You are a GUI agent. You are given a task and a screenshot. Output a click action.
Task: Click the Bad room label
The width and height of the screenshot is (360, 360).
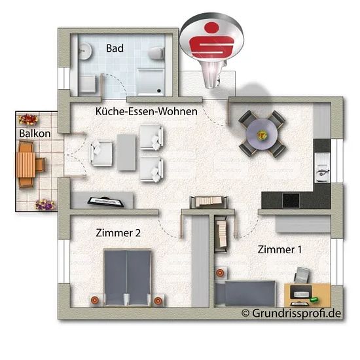click(x=115, y=48)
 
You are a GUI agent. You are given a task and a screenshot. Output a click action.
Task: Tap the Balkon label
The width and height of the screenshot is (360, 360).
click(x=35, y=134)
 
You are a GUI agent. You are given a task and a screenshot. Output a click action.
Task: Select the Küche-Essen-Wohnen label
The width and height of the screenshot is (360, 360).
click(x=146, y=111)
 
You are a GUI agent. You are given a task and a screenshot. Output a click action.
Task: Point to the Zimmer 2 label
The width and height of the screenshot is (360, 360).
click(x=118, y=233)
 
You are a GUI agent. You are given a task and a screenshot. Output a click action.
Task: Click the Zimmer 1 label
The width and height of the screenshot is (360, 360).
click(x=279, y=249)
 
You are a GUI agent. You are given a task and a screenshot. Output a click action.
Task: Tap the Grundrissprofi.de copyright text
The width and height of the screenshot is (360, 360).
click(x=291, y=313)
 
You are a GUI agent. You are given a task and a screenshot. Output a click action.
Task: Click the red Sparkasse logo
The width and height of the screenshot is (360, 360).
click(x=211, y=40)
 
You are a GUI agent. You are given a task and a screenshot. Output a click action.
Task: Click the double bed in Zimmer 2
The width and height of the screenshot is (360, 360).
click(x=128, y=278)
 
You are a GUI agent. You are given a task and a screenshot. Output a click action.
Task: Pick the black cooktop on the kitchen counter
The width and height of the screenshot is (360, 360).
click(x=291, y=200)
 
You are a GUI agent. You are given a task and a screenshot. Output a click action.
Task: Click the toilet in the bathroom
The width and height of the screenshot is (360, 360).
click(x=156, y=53)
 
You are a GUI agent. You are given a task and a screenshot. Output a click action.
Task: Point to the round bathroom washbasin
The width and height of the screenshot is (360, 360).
click(x=85, y=51)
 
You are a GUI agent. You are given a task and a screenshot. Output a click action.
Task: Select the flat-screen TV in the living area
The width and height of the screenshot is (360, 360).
click(x=105, y=202)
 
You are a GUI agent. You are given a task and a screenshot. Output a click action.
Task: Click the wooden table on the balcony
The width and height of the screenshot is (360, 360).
click(x=26, y=164)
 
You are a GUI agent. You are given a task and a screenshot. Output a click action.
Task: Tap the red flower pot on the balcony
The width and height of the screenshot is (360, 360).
click(x=28, y=120)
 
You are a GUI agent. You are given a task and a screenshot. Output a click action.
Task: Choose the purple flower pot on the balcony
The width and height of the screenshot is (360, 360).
click(x=45, y=204)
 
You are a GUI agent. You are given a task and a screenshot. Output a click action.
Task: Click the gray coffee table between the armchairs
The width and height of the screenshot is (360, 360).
click(x=126, y=153)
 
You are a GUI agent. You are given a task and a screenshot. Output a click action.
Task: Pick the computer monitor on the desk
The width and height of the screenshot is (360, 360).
click(x=301, y=291)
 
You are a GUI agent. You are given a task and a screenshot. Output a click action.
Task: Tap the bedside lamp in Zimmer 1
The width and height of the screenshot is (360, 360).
click(x=220, y=273)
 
